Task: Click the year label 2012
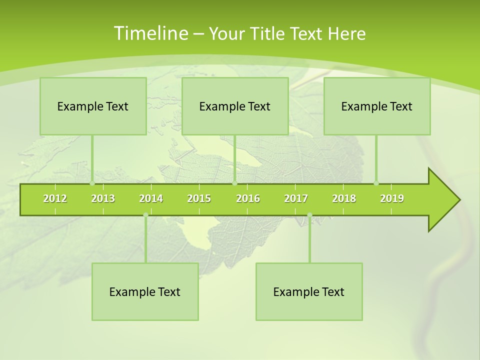(55, 198)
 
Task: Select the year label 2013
(103, 198)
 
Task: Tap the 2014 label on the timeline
(151, 198)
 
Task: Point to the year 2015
(199, 198)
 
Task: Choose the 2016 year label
(248, 198)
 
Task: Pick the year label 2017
(296, 198)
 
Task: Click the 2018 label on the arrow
(344, 198)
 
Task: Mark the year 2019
(392, 198)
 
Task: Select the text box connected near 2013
(93, 106)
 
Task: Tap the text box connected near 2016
(235, 106)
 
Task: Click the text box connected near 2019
(377, 106)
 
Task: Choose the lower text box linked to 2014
(145, 291)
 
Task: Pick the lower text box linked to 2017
(309, 291)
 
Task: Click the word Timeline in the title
(150, 33)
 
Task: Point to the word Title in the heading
(270, 33)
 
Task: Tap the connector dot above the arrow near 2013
(92, 183)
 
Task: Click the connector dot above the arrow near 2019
(376, 183)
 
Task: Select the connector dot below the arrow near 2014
(145, 215)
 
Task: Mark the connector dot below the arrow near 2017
(309, 215)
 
